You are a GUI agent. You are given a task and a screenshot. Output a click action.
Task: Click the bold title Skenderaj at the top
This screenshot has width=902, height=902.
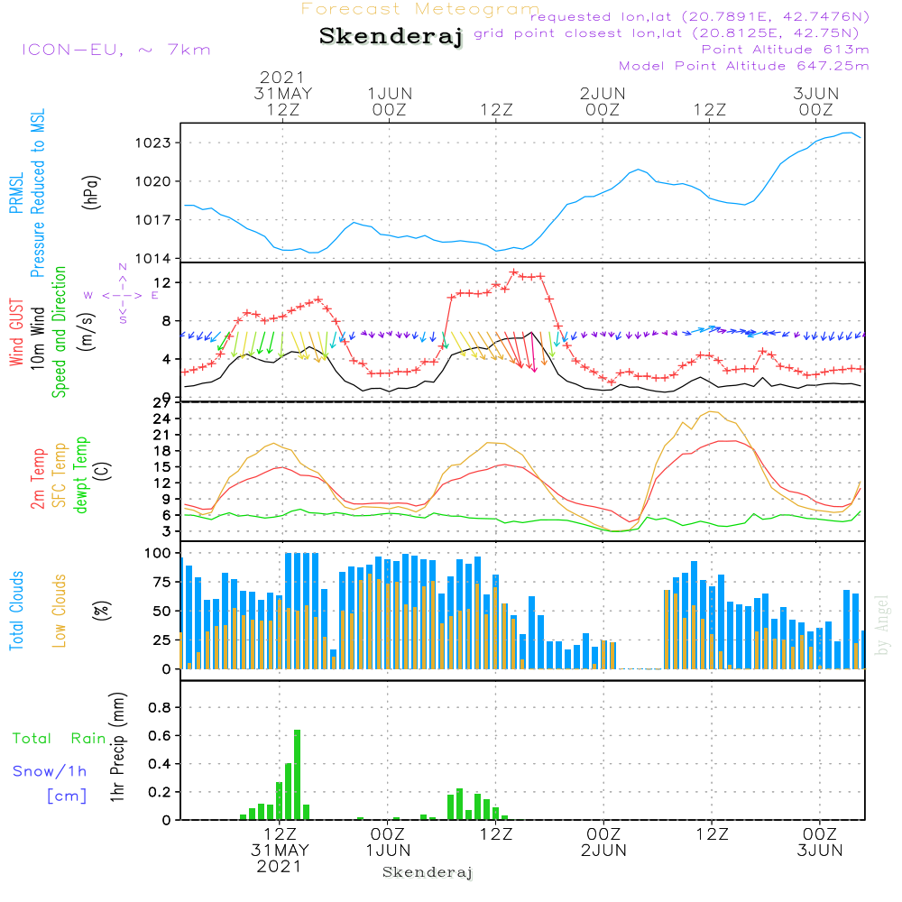[391, 37]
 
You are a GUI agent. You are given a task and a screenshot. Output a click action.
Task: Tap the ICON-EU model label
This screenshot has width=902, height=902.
[115, 50]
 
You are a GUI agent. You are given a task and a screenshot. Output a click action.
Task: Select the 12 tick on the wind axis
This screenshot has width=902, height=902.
[161, 283]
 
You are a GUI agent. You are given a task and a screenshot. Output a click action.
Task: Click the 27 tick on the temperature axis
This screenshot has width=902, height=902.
[161, 402]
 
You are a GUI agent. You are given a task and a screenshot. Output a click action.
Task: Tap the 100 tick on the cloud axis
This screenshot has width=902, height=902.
[157, 553]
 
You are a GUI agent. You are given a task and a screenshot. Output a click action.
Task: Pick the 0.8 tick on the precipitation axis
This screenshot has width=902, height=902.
[159, 707]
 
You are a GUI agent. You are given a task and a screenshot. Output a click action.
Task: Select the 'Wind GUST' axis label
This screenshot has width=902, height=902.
[17, 334]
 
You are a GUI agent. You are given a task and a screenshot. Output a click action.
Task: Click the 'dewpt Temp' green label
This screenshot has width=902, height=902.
[81, 475]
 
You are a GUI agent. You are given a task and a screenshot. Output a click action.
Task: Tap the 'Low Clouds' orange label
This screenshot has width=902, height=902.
[60, 610]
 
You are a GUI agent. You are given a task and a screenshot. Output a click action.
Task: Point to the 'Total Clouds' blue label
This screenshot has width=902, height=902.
[17, 610]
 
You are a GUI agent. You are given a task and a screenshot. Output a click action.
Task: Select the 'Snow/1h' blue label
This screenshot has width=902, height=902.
[51, 772]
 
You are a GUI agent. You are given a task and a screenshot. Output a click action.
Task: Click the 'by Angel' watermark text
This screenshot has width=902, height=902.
[882, 624]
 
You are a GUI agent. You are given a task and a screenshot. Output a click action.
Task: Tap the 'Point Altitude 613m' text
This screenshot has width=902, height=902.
[785, 50]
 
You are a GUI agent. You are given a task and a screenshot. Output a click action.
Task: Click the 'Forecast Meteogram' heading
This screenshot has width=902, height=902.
[420, 10]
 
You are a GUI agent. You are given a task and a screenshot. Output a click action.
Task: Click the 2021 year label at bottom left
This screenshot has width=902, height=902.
[280, 866]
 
